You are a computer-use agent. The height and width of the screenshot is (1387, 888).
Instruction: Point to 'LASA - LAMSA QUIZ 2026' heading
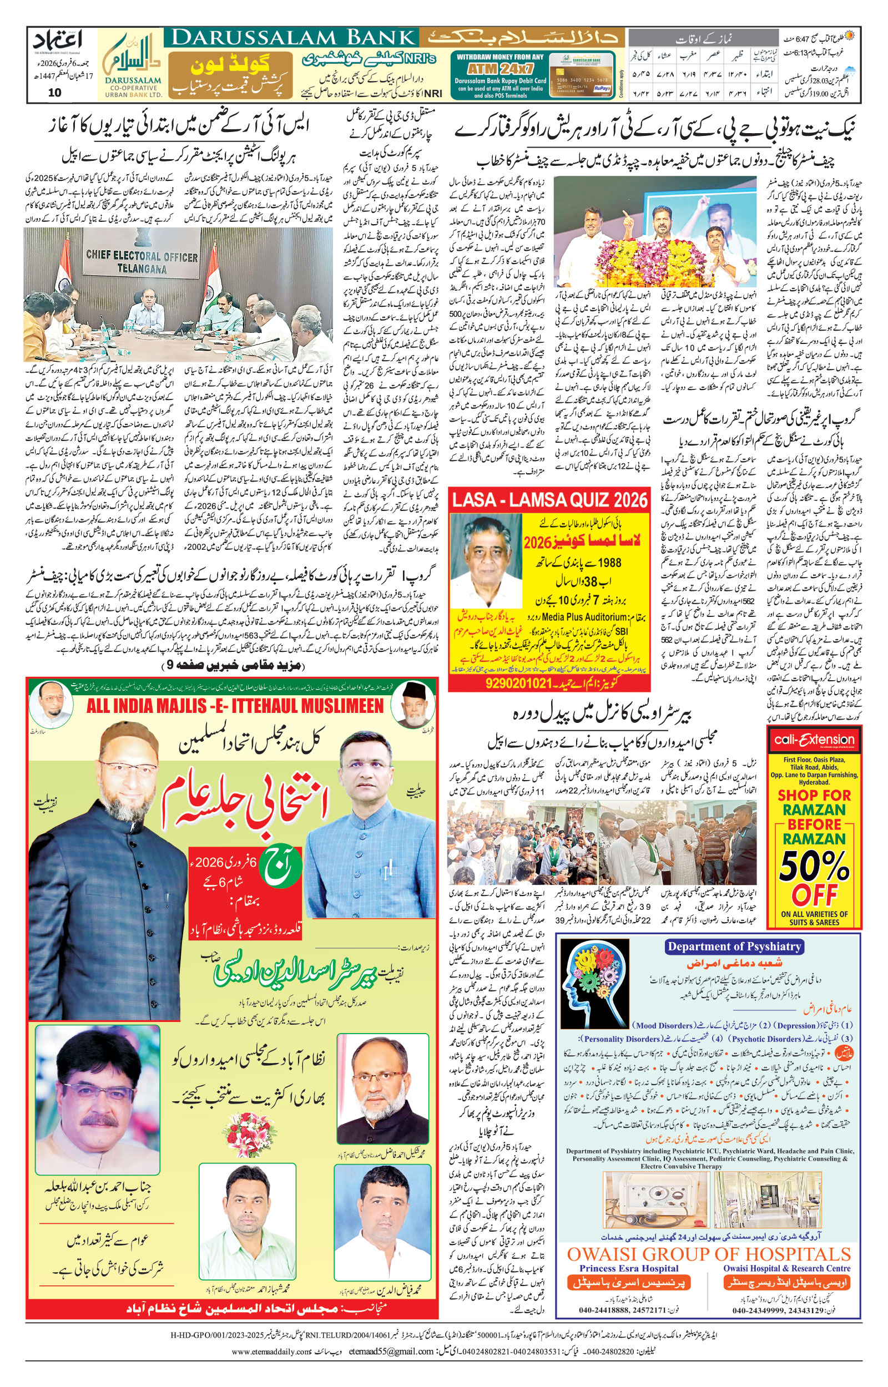coord(549,499)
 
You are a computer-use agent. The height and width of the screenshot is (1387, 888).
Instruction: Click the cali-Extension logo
coord(814,740)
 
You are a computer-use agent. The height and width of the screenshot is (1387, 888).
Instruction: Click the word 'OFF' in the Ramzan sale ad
coord(814,895)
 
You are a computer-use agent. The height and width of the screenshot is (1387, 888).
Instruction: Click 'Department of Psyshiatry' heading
coord(734,946)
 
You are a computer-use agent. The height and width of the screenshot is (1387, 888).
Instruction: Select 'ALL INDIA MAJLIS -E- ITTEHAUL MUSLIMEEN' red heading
coord(235,705)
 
